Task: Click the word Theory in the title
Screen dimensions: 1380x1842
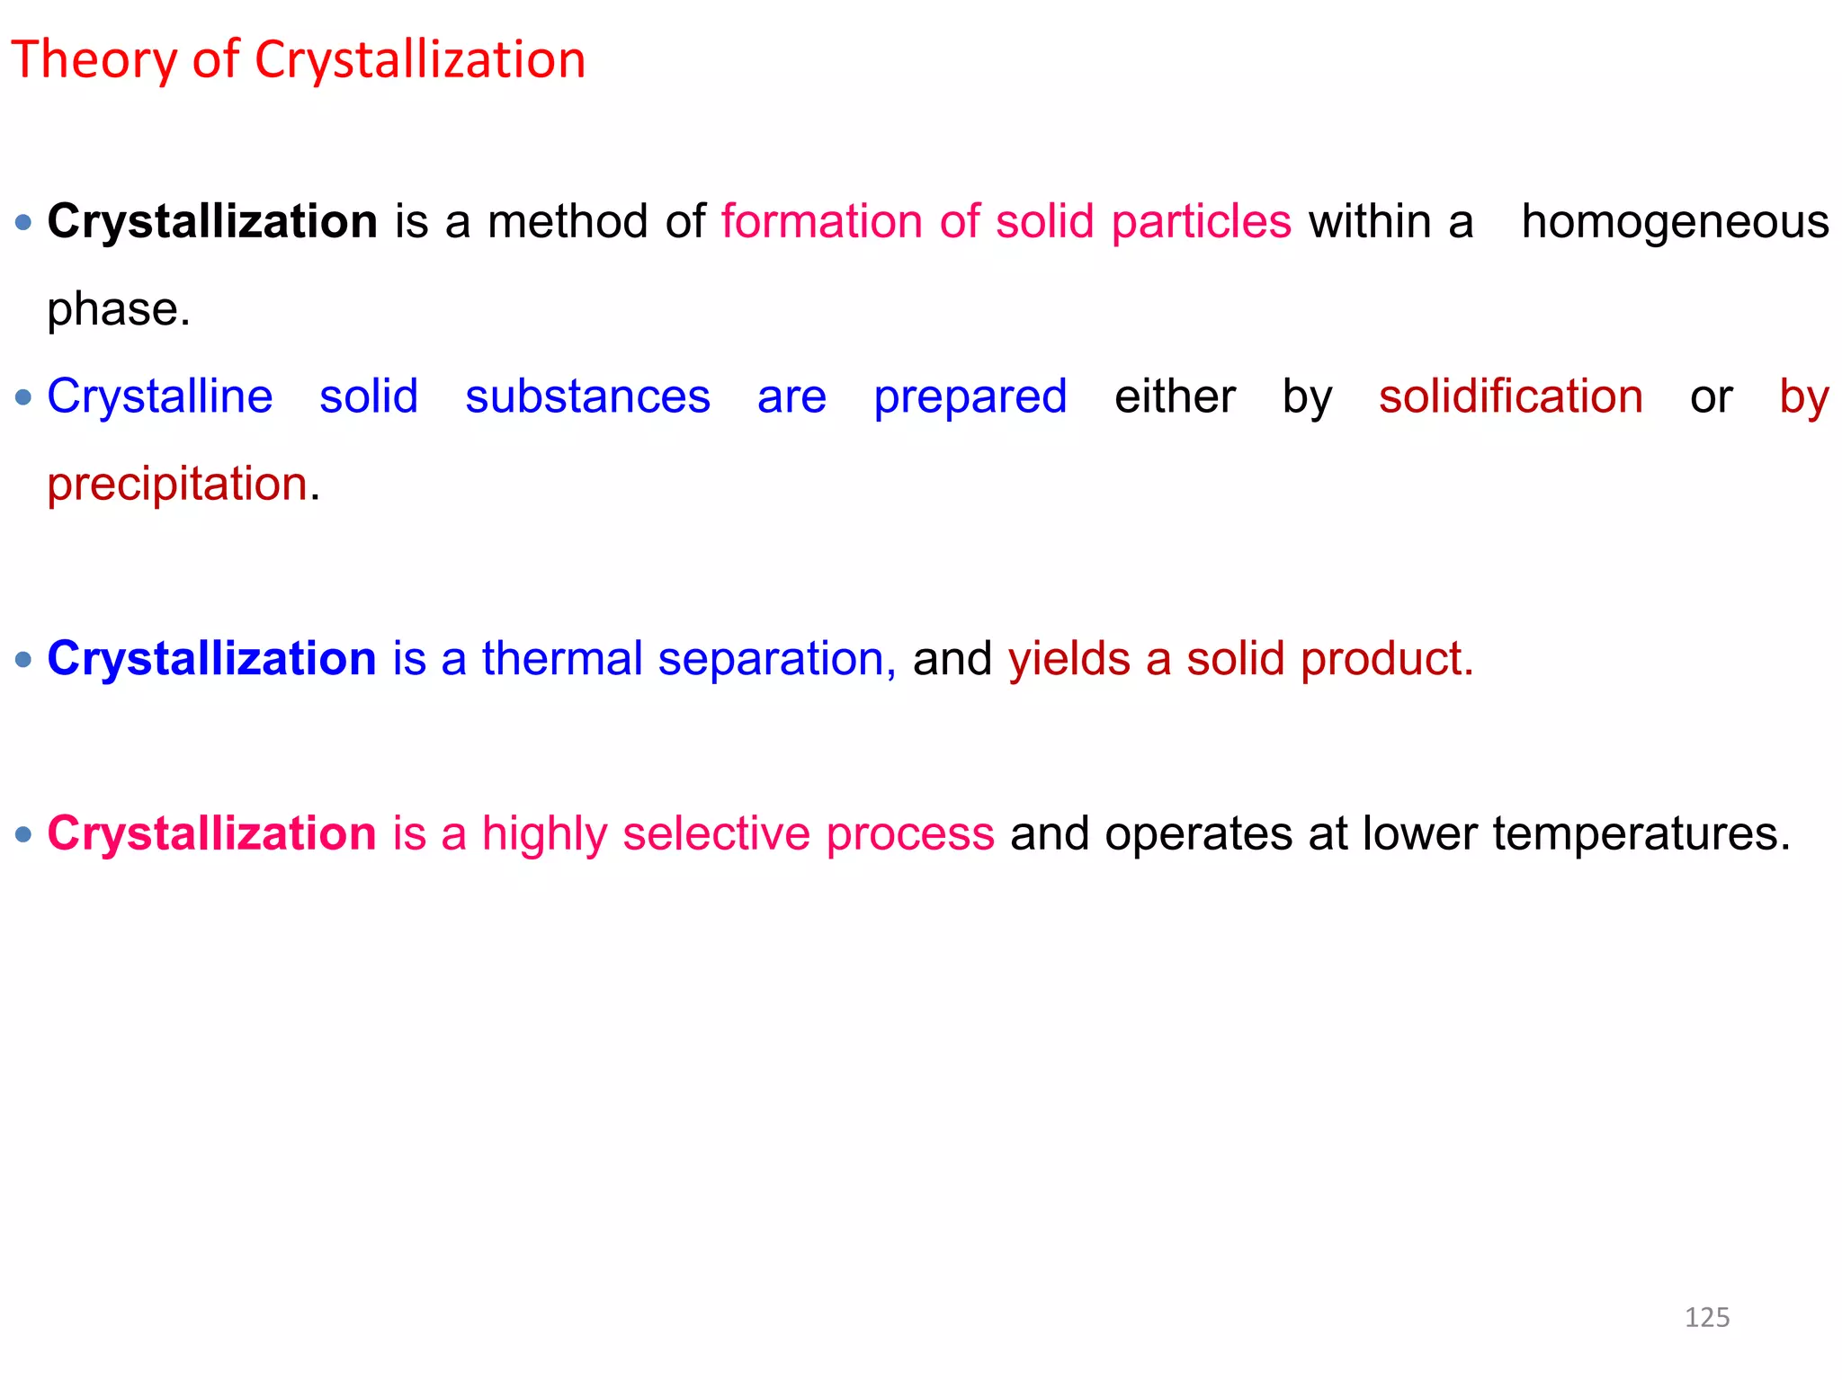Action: tap(94, 60)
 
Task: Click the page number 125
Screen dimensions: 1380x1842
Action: tap(1706, 1317)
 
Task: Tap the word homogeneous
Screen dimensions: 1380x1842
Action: tap(1675, 222)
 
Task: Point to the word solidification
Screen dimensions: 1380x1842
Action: tap(1510, 396)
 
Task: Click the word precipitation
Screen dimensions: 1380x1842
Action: tap(177, 484)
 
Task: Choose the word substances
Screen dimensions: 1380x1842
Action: tap(587, 396)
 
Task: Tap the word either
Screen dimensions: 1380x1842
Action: tap(1174, 396)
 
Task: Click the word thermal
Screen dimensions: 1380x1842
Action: tap(562, 658)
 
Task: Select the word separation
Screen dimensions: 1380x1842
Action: tap(771, 659)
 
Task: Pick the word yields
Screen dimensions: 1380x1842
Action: tap(1069, 658)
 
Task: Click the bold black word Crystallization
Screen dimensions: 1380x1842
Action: tap(212, 222)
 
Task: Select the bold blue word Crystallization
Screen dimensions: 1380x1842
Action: tap(211, 658)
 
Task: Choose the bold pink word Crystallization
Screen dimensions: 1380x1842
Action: tap(211, 833)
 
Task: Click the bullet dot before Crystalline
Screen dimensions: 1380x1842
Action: tap(24, 396)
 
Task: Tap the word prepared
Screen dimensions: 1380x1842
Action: tap(970, 397)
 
